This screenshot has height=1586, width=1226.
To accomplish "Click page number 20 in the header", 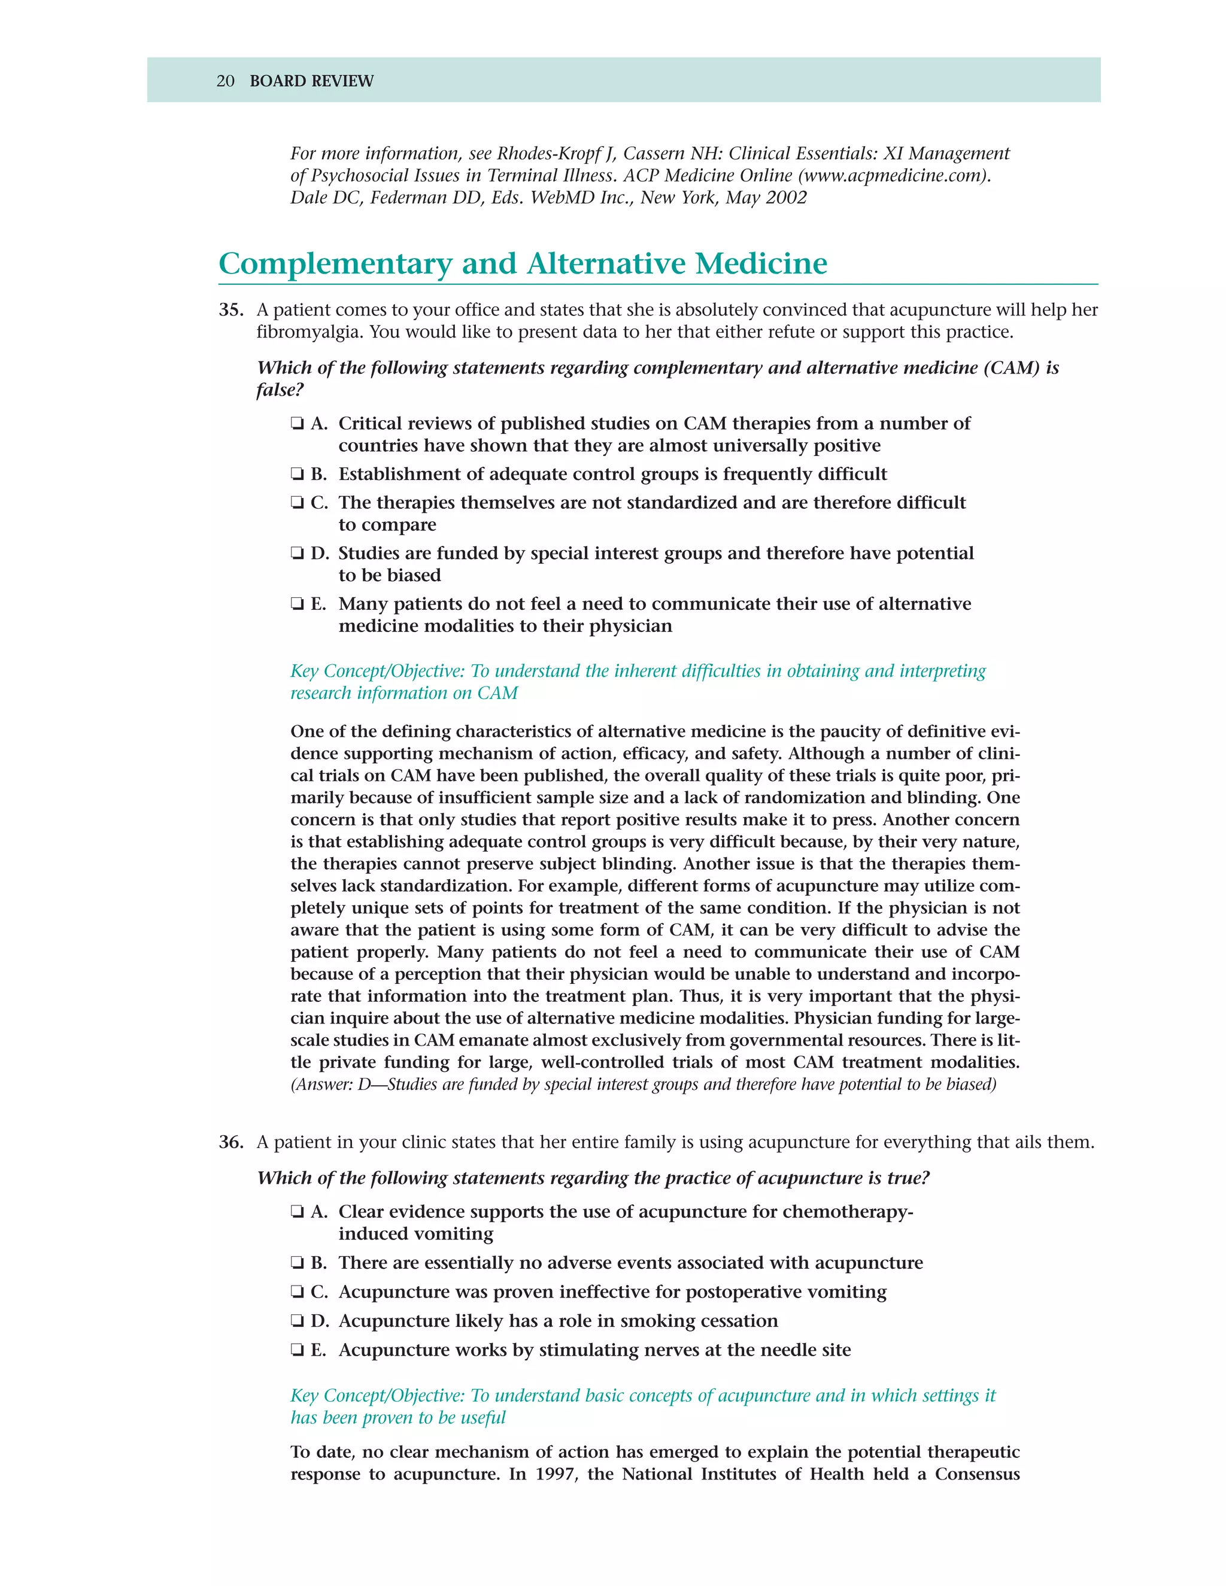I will [225, 81].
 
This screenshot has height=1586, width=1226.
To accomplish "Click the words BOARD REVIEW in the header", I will [311, 81].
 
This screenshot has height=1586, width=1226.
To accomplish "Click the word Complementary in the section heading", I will [335, 263].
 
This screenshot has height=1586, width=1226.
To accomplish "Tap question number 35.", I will [230, 310].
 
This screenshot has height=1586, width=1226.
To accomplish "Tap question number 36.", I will [230, 1143].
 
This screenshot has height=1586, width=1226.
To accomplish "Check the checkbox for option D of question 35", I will [296, 554].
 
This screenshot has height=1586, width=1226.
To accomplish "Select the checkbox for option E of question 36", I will [296, 1350].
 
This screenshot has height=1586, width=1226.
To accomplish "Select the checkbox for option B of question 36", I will [296, 1263].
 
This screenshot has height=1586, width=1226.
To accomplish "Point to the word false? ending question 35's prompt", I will [280, 390].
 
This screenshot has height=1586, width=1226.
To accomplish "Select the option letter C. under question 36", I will [320, 1292].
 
